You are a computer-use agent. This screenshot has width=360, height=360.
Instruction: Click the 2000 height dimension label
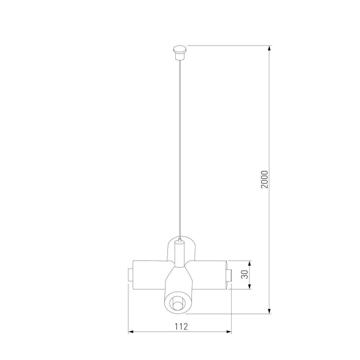click(x=265, y=179)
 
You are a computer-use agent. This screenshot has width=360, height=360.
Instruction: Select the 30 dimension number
click(x=245, y=275)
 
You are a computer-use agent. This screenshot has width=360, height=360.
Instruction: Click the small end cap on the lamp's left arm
click(x=130, y=275)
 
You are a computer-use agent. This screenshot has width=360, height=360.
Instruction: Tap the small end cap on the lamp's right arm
click(x=229, y=275)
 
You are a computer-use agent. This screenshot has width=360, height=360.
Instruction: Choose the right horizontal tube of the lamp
click(x=210, y=275)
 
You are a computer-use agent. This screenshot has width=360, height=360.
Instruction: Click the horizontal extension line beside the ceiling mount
click(x=228, y=45)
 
